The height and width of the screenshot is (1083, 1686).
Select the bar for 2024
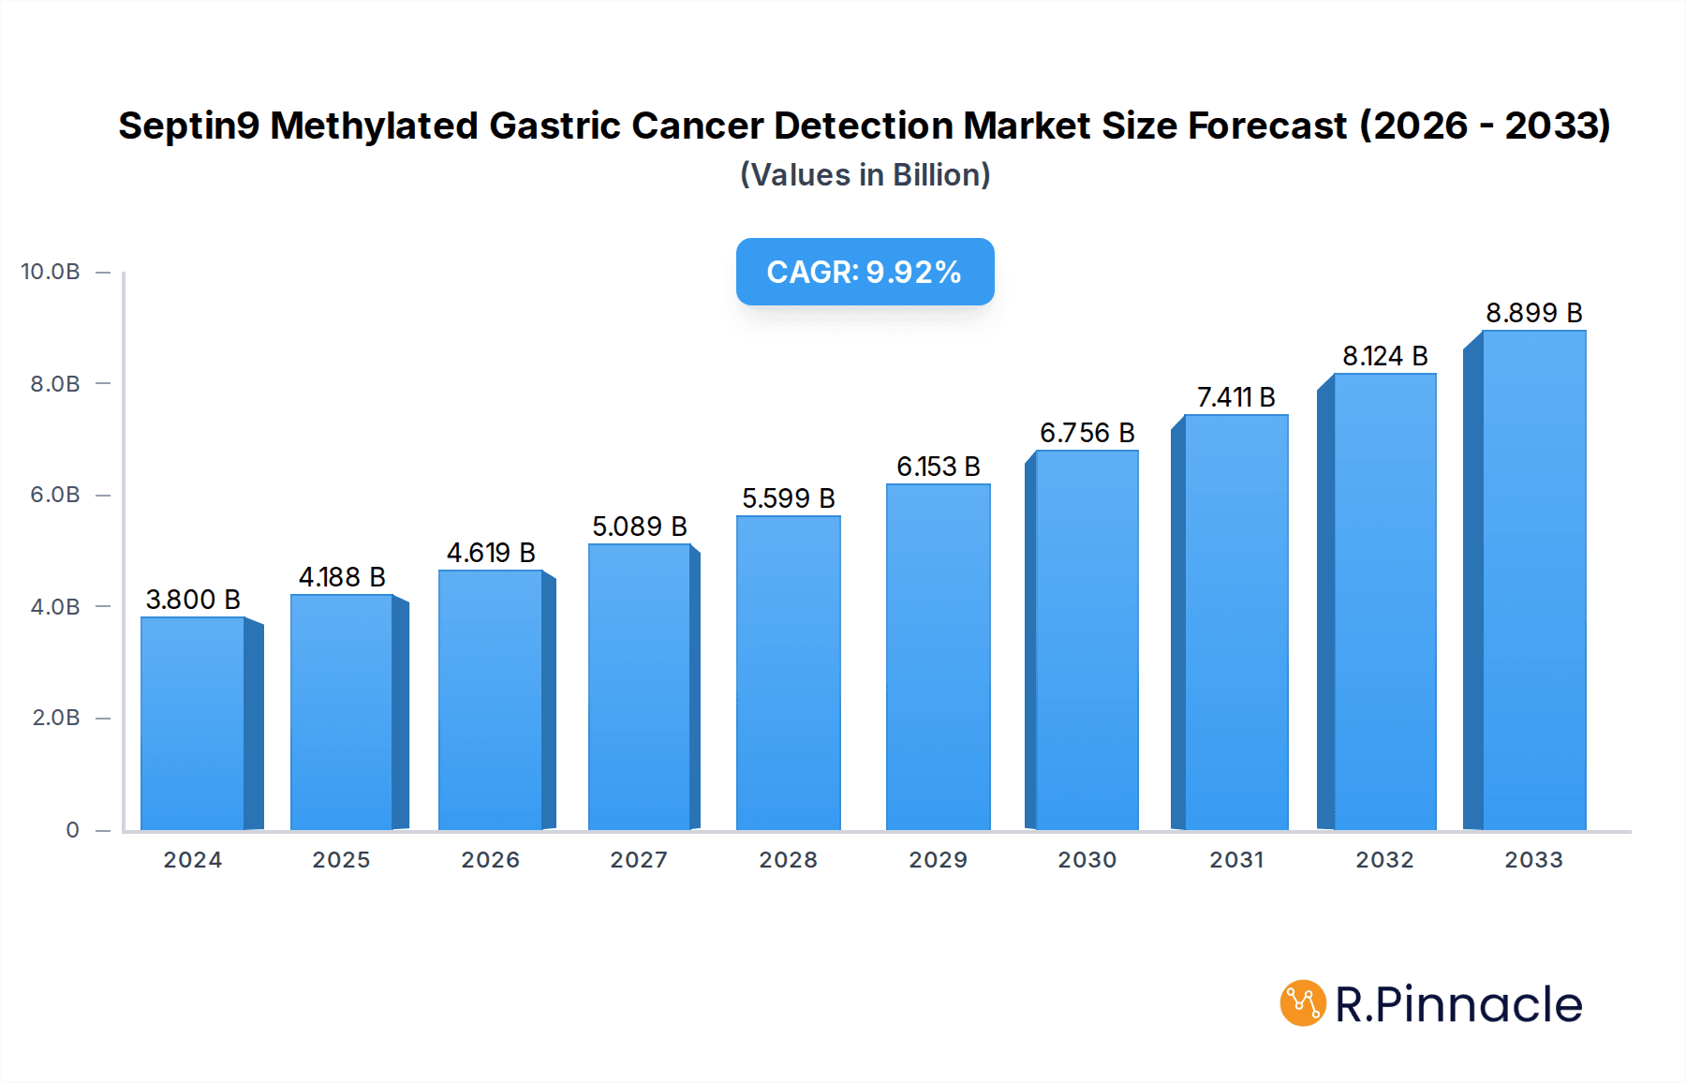193,723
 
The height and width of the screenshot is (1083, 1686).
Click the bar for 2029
938,657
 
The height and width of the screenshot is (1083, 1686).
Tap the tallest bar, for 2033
1533,580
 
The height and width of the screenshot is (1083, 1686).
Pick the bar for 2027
640,687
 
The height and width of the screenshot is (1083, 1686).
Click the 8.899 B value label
1533,313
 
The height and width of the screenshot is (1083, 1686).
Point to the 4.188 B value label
342,577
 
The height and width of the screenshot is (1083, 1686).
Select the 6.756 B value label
1087,433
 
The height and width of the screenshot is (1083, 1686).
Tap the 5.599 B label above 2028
788,498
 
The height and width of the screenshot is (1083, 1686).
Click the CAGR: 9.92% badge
865,272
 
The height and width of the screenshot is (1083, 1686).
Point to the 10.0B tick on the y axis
51,272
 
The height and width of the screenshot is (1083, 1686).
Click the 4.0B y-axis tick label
55,607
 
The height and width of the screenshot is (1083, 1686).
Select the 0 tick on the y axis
72,830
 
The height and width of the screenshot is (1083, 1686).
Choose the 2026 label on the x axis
490,860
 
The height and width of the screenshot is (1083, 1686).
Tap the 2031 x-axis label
1236,860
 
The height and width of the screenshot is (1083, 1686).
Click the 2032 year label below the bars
1384,860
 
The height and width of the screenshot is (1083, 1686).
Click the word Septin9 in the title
188,126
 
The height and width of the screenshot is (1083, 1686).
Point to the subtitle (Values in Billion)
865,175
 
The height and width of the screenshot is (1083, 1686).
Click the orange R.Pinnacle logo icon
1302,1003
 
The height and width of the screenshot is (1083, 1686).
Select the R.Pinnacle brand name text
1458,1004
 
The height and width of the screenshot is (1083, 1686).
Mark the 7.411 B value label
1235,397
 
